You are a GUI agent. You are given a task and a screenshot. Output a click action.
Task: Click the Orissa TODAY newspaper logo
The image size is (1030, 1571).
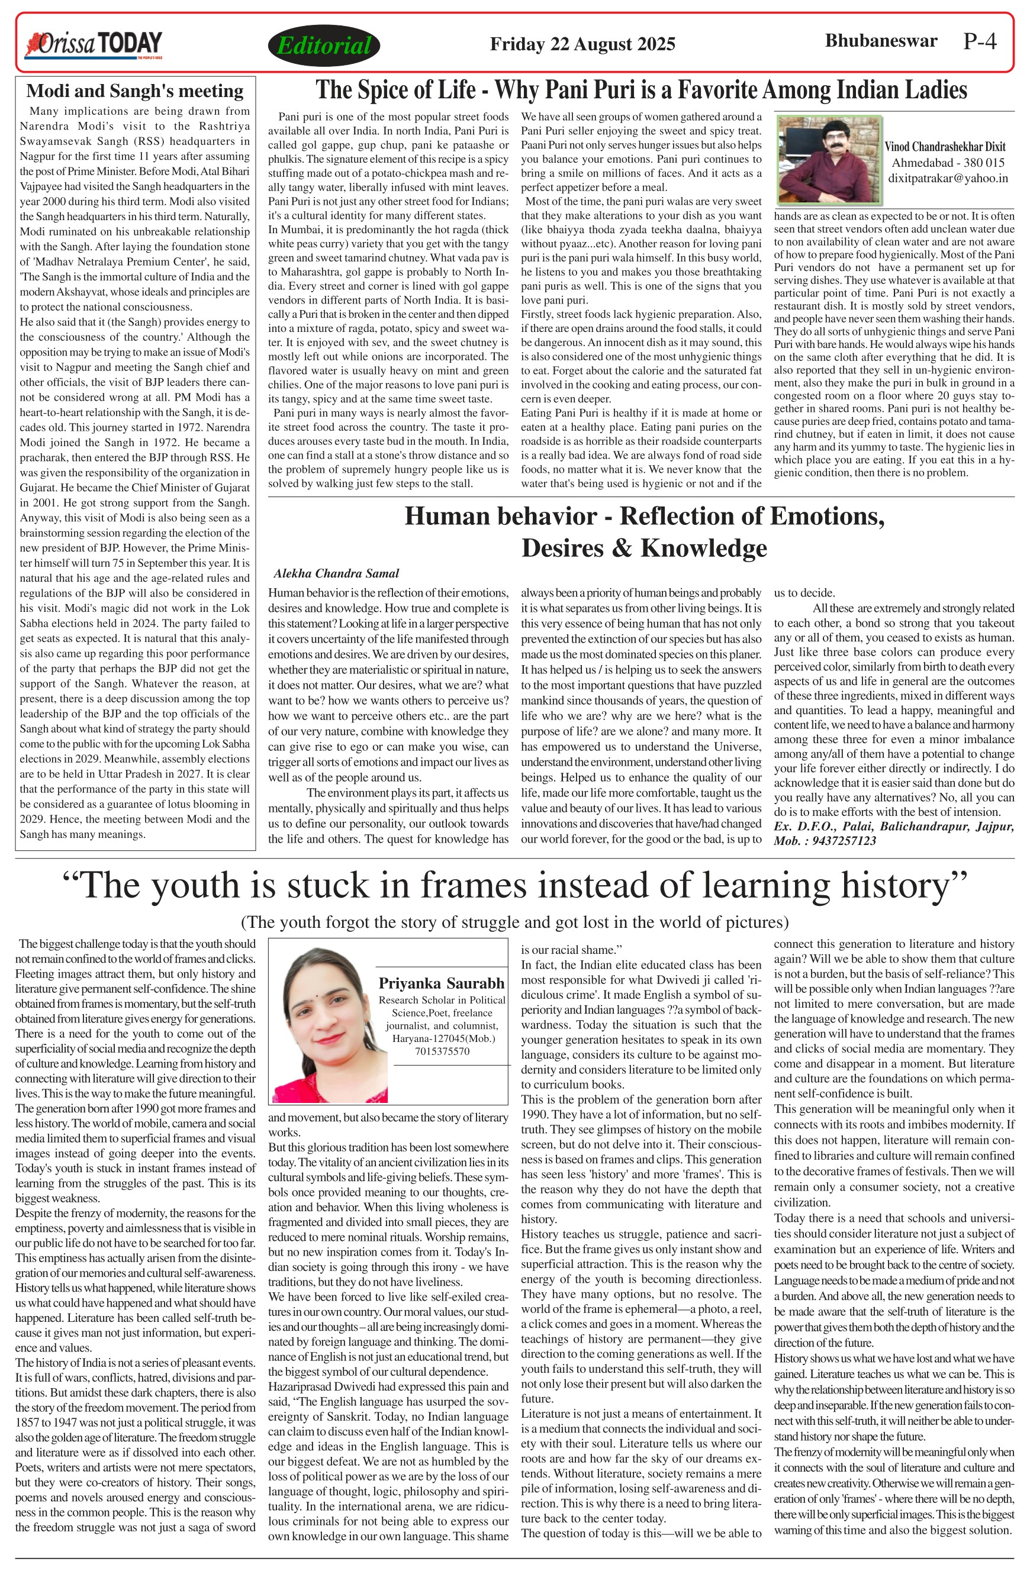coord(93,45)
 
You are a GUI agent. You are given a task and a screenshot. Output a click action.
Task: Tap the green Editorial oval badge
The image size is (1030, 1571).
coord(324,46)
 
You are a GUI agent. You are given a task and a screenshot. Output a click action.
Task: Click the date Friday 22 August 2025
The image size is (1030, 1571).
coord(582,44)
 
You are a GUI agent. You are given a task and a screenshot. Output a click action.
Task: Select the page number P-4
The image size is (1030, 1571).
coord(980,41)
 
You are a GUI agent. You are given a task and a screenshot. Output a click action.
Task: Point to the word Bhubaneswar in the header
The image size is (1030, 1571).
coord(881,41)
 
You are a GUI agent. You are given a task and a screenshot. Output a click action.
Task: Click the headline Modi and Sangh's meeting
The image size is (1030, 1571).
coord(135,91)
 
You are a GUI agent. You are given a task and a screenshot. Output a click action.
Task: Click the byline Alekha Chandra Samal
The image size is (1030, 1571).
coord(336,573)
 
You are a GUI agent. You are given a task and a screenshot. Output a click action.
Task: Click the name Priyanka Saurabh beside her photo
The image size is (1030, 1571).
coord(441,983)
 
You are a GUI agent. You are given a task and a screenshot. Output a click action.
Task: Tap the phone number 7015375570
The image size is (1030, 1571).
coord(442,1051)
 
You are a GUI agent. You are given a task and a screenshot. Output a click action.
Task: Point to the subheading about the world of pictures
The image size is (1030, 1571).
coord(514,921)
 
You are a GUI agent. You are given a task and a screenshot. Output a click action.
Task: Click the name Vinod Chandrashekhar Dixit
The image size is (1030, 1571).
coord(945,147)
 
